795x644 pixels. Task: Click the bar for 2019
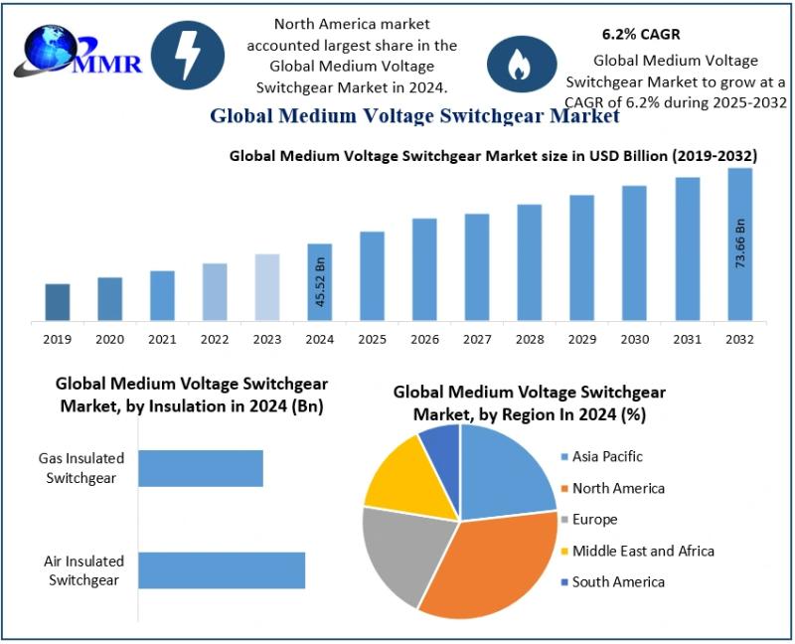(x=58, y=302)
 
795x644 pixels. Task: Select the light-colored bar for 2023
(x=267, y=287)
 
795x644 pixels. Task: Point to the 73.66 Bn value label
(x=740, y=243)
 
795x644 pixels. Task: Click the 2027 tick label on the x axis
(x=477, y=339)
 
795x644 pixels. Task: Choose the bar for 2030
(x=634, y=253)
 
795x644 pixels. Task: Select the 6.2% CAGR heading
(x=641, y=35)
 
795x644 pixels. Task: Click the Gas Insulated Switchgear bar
(x=201, y=468)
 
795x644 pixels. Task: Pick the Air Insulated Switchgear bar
(x=222, y=570)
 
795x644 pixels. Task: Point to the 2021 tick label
(x=163, y=339)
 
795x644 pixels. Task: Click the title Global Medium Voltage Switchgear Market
(x=414, y=116)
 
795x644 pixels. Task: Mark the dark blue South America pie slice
(x=441, y=447)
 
